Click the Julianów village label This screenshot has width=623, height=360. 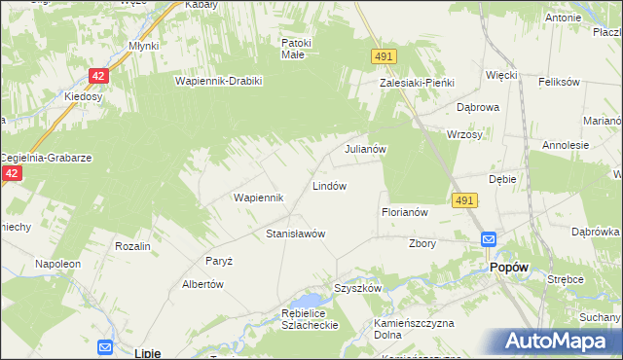point(367,150)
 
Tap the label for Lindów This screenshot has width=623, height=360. point(329,185)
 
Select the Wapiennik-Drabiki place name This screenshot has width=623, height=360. point(219,81)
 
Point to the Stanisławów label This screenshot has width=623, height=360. point(295,234)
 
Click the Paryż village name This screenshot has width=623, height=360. point(218,261)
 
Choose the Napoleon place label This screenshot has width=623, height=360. point(57,264)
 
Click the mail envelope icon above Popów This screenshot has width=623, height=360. point(489,239)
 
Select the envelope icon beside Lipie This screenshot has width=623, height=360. point(104,346)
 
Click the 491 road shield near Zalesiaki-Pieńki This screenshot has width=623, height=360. point(383,58)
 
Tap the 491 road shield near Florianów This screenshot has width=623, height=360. point(464,199)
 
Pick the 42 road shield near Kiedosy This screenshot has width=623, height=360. point(98,75)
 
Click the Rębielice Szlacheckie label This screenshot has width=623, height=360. point(295,319)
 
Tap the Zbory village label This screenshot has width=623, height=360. point(422,243)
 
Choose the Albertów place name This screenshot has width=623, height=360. point(203,284)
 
